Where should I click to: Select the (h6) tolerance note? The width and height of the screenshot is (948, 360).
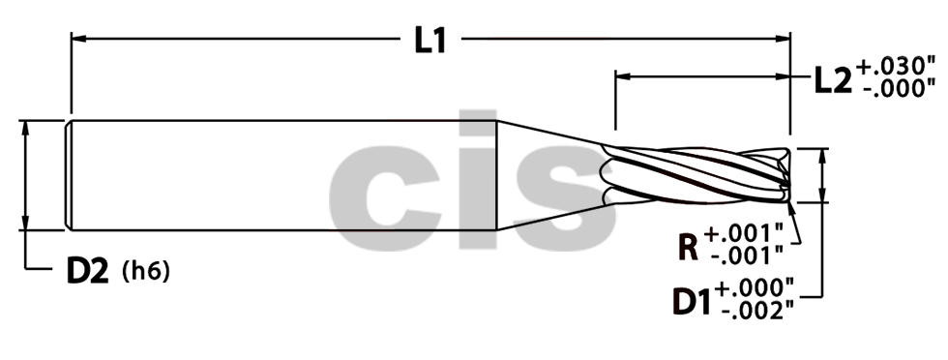pyautogui.click(x=146, y=272)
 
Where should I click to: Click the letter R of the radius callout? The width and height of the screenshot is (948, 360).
pyautogui.click(x=689, y=246)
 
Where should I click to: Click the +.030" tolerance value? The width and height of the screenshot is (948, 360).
pyautogui.click(x=896, y=67)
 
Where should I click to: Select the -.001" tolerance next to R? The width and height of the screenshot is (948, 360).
pyautogui.click(x=746, y=257)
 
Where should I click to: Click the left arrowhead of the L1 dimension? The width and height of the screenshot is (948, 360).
pyautogui.click(x=77, y=40)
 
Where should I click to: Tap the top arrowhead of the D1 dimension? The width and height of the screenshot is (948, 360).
pyautogui.click(x=822, y=155)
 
